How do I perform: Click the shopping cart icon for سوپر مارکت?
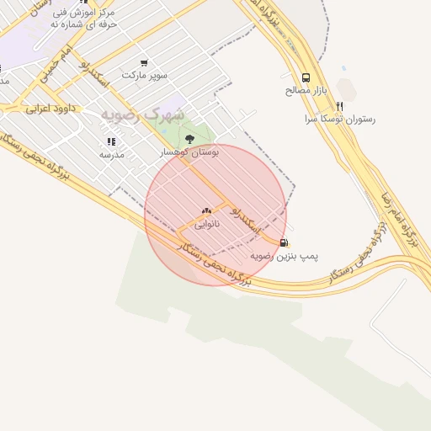pyautogui.click(x=144, y=62)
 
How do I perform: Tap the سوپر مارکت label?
pyautogui.click(x=145, y=75)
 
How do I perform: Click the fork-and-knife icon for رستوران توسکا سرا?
pyautogui.click(x=339, y=106)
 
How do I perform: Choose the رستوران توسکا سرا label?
pyautogui.click(x=340, y=120)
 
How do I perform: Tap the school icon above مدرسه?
pyautogui.click(x=111, y=141)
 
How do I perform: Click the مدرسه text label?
pyautogui.click(x=112, y=154)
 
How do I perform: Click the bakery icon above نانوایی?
pyautogui.click(x=207, y=210)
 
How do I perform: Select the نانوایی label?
pyautogui.click(x=207, y=224)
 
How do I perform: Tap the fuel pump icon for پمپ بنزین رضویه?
pyautogui.click(x=283, y=242)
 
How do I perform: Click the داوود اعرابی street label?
pyautogui.click(x=51, y=108)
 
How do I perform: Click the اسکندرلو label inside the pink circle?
pyautogui.click(x=249, y=221)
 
